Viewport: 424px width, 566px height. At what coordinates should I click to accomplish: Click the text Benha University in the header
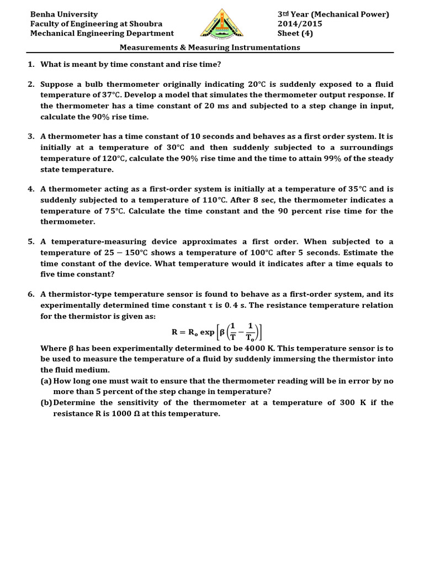pos(64,14)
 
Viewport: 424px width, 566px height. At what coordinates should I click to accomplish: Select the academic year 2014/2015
pos(300,24)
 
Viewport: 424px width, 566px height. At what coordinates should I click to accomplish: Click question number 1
pos(31,64)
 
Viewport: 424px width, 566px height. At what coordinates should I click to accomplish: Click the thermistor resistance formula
pos(218,332)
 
